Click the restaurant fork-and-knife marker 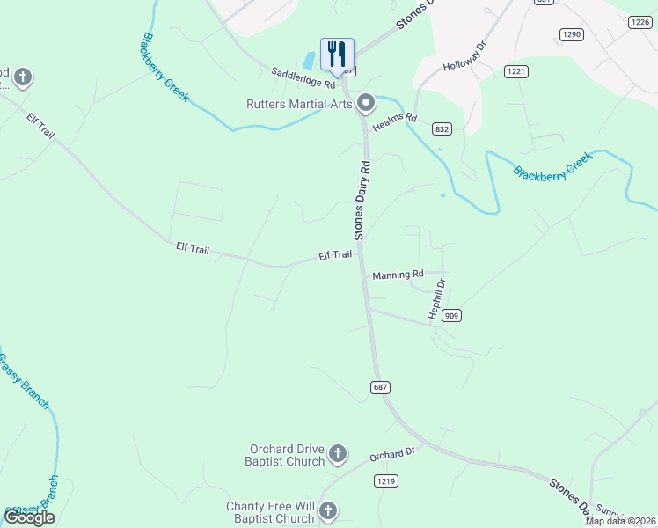(337, 55)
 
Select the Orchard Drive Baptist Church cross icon (338, 455)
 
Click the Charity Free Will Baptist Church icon (327, 511)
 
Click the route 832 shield (442, 128)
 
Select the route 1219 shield (385, 480)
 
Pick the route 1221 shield (515, 70)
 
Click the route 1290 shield (571, 34)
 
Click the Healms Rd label (393, 123)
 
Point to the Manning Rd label (398, 275)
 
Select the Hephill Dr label (437, 298)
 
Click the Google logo (30, 517)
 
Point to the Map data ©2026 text (620, 521)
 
